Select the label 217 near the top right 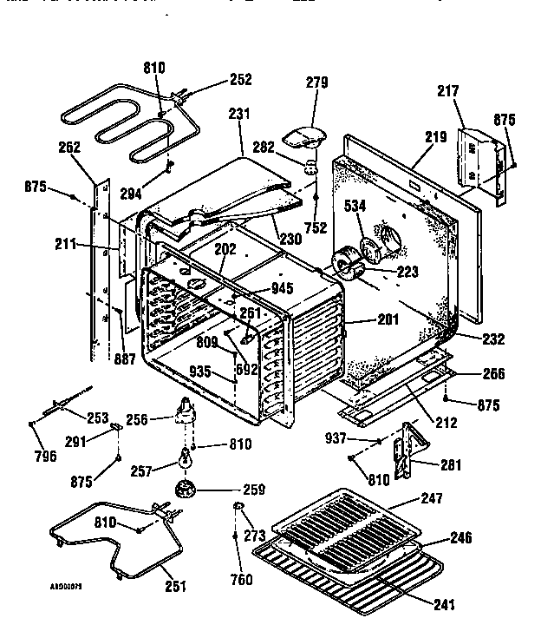[x=473, y=90]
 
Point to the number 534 [x=354, y=207]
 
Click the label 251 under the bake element [x=174, y=586]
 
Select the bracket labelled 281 [x=405, y=451]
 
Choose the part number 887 [x=125, y=359]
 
